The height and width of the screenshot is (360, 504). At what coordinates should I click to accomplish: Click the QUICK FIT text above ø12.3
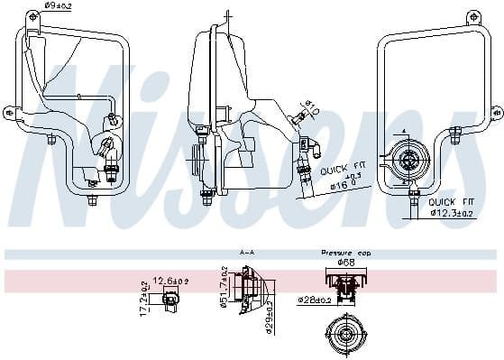(452, 202)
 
